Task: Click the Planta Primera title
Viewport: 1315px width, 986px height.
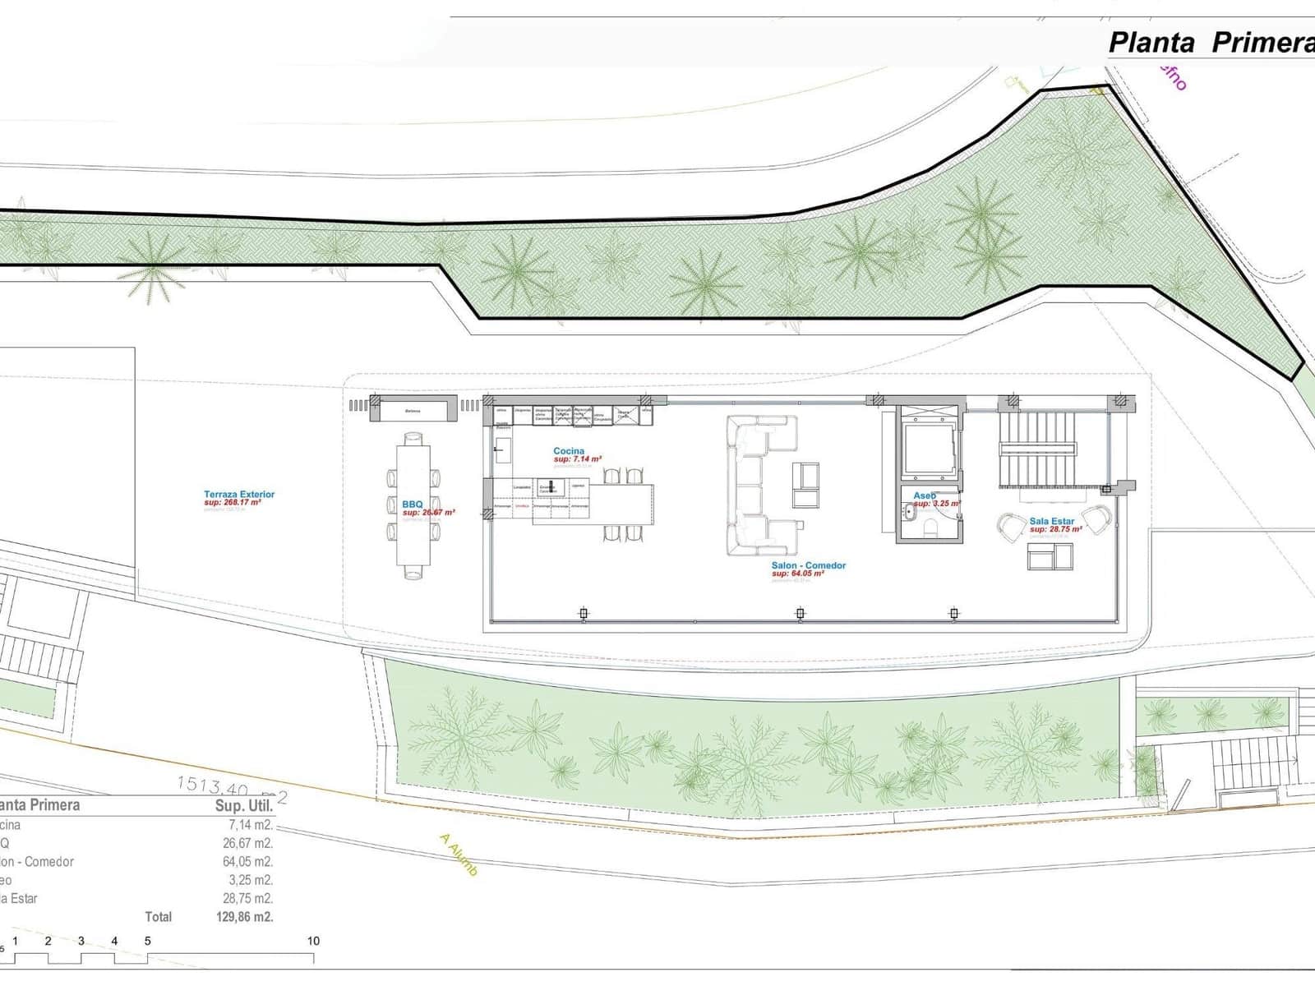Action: (1211, 42)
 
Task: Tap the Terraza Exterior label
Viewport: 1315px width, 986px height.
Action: (239, 495)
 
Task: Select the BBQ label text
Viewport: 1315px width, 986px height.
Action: (412, 505)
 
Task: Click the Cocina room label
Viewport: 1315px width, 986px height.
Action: (569, 451)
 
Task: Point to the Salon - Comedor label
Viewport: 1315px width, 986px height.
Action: (808, 565)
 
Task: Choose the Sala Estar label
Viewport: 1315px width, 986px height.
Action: (1051, 521)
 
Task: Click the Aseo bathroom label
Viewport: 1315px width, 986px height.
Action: (925, 496)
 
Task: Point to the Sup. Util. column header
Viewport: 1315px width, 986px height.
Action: (243, 806)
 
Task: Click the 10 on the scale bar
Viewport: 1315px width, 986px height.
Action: (313, 941)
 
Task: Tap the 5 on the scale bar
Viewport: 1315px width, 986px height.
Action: (148, 941)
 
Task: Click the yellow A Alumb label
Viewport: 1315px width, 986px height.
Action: (459, 855)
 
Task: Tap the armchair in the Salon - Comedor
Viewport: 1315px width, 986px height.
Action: (805, 485)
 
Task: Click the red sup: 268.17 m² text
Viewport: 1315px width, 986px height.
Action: (233, 502)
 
